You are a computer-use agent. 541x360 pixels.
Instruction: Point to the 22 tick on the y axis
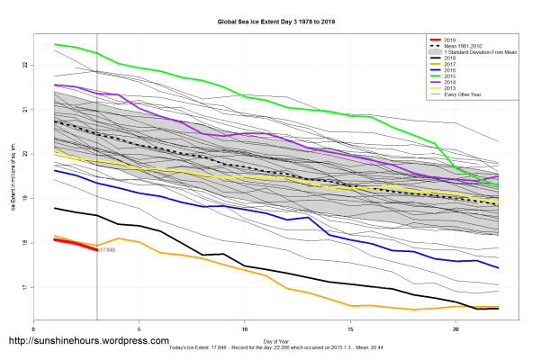tap(25, 65)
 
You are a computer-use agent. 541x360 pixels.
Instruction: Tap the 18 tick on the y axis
tap(25, 243)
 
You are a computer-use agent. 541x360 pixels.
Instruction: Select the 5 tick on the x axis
tap(139, 329)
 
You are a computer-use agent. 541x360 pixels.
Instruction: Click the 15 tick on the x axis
tap(350, 329)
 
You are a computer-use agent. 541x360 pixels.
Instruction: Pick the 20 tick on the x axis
tap(455, 329)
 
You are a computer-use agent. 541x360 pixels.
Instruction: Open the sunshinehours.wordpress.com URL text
tap(87, 342)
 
